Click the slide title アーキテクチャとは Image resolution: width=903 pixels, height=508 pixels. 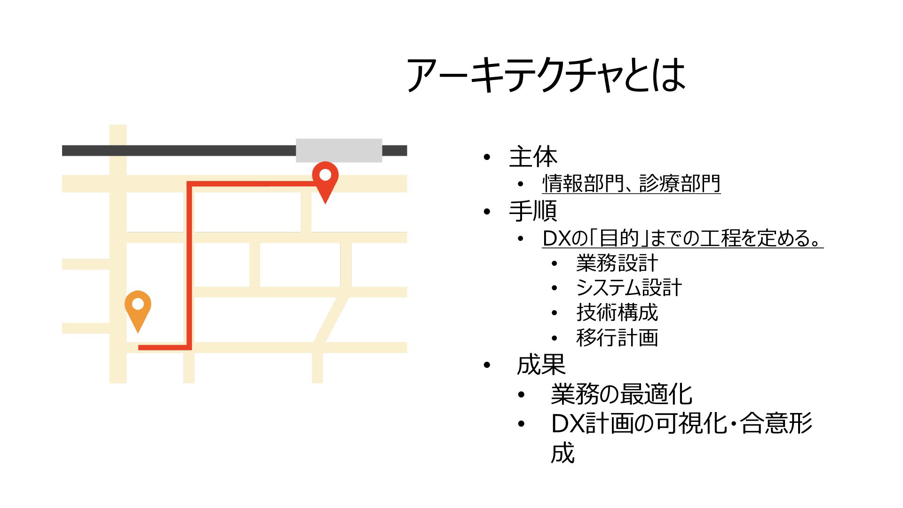[546, 75]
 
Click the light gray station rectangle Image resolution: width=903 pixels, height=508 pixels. [339, 151]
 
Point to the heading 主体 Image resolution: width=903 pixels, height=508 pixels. [533, 157]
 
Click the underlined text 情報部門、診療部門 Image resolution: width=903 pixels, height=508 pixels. [631, 183]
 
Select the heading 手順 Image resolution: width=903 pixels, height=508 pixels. [533, 211]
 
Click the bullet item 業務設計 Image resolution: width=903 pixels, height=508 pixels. [617, 263]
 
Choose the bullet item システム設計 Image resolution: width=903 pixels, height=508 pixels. [629, 287]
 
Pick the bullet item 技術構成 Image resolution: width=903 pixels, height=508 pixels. [617, 312]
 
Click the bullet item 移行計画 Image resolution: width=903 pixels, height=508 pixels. [617, 337]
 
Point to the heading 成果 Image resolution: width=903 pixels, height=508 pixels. [541, 365]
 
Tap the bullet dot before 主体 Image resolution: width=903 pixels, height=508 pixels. [487, 157]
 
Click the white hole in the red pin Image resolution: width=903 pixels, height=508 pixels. [325, 175]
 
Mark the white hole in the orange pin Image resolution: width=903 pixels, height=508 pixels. [138, 304]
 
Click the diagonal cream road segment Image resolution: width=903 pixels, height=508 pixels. [331, 320]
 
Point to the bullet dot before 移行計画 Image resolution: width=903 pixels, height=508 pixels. [555, 338]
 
